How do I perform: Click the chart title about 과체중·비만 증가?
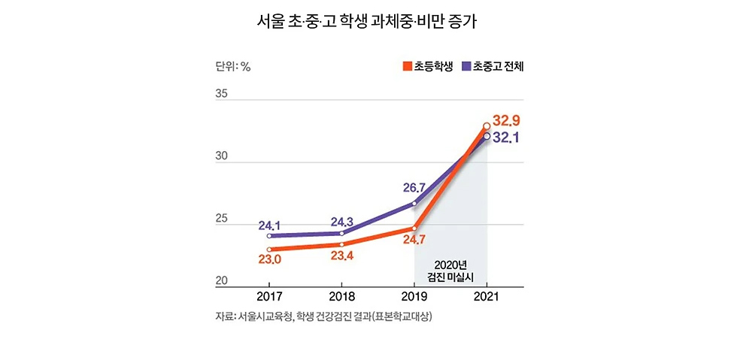click(x=368, y=21)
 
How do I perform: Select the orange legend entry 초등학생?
click(x=428, y=66)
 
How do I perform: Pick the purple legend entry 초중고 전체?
click(x=497, y=66)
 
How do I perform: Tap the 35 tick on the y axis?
click(x=222, y=95)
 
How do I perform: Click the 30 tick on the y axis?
click(x=222, y=159)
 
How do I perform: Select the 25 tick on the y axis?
click(x=222, y=219)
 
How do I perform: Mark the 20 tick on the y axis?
click(x=222, y=281)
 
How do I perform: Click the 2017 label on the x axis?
click(x=269, y=296)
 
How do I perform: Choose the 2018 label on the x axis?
click(x=342, y=296)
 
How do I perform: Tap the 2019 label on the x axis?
click(x=414, y=296)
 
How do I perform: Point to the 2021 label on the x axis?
click(x=487, y=296)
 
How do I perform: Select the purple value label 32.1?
click(x=508, y=138)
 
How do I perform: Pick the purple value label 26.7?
click(x=415, y=187)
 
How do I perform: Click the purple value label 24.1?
click(x=269, y=225)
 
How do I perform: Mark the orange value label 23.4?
click(x=342, y=256)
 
